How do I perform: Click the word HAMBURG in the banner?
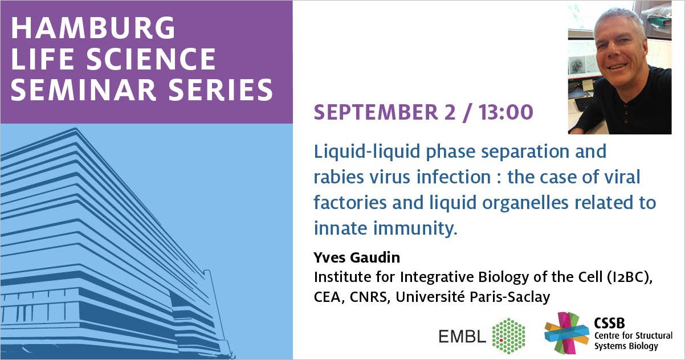pos(93,27)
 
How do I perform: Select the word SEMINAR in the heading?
pos(83,89)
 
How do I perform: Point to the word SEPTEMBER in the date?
pos(376,112)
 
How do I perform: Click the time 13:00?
pos(506,112)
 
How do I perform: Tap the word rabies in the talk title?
pos(339,177)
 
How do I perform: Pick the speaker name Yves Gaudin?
pos(357,257)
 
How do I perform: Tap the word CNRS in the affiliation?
pos(369,297)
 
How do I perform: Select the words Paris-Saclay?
pos(510,297)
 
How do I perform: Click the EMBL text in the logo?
pos(462,336)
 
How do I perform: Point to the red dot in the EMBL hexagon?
pos(501,340)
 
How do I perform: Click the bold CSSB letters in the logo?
pos(609,323)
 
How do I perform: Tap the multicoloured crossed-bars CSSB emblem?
pos(566,333)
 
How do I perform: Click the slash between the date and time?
pos(467,112)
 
